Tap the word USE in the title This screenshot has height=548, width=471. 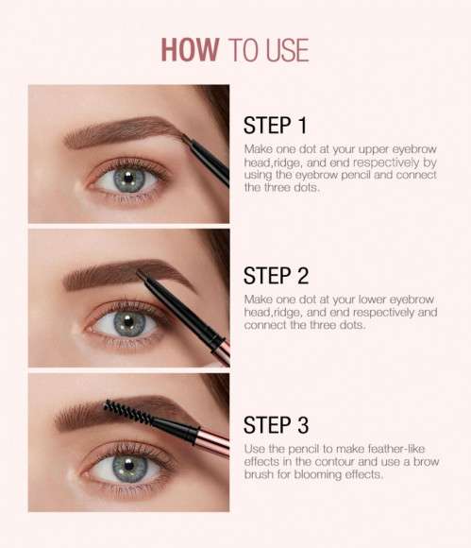[286, 50]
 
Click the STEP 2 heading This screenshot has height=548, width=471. [277, 276]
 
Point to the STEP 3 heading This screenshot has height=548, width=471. [277, 425]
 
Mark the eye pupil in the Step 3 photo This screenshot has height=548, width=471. [125, 467]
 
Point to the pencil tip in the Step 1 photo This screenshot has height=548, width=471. [185, 140]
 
